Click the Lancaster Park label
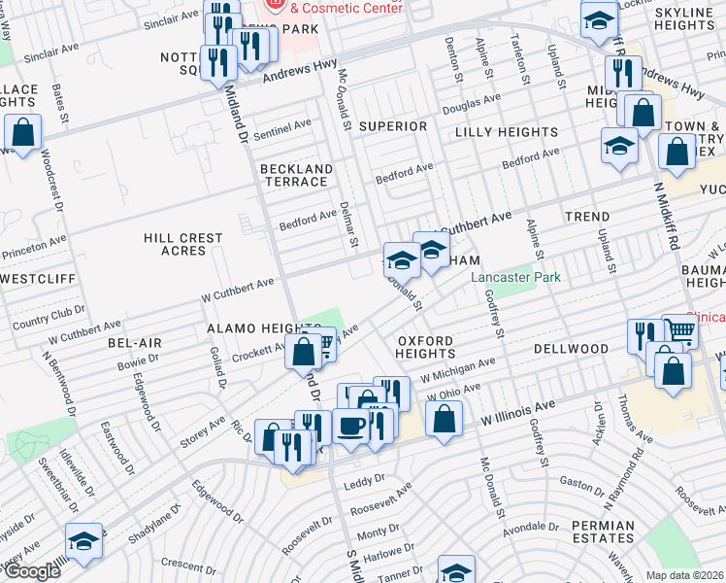[515, 277]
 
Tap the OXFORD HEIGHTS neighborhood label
[426, 347]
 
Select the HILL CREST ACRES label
[183, 244]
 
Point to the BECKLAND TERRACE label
[296, 175]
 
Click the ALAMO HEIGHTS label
[250, 330]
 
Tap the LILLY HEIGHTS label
[506, 132]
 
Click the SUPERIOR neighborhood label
[392, 126]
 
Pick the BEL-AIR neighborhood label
[134, 344]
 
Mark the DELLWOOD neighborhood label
[570, 348]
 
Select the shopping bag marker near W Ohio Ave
[444, 419]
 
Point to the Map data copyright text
[685, 574]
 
